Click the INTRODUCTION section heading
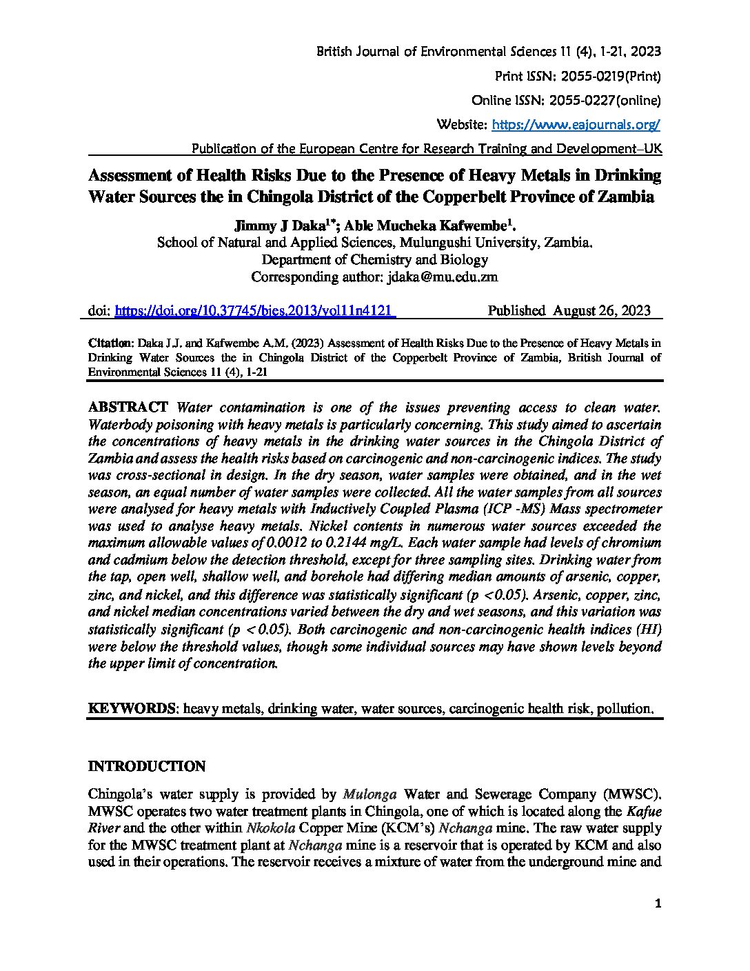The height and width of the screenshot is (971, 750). click(x=148, y=767)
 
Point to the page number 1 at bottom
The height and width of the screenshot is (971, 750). click(x=658, y=905)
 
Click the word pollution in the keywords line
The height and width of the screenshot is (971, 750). click(x=624, y=708)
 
